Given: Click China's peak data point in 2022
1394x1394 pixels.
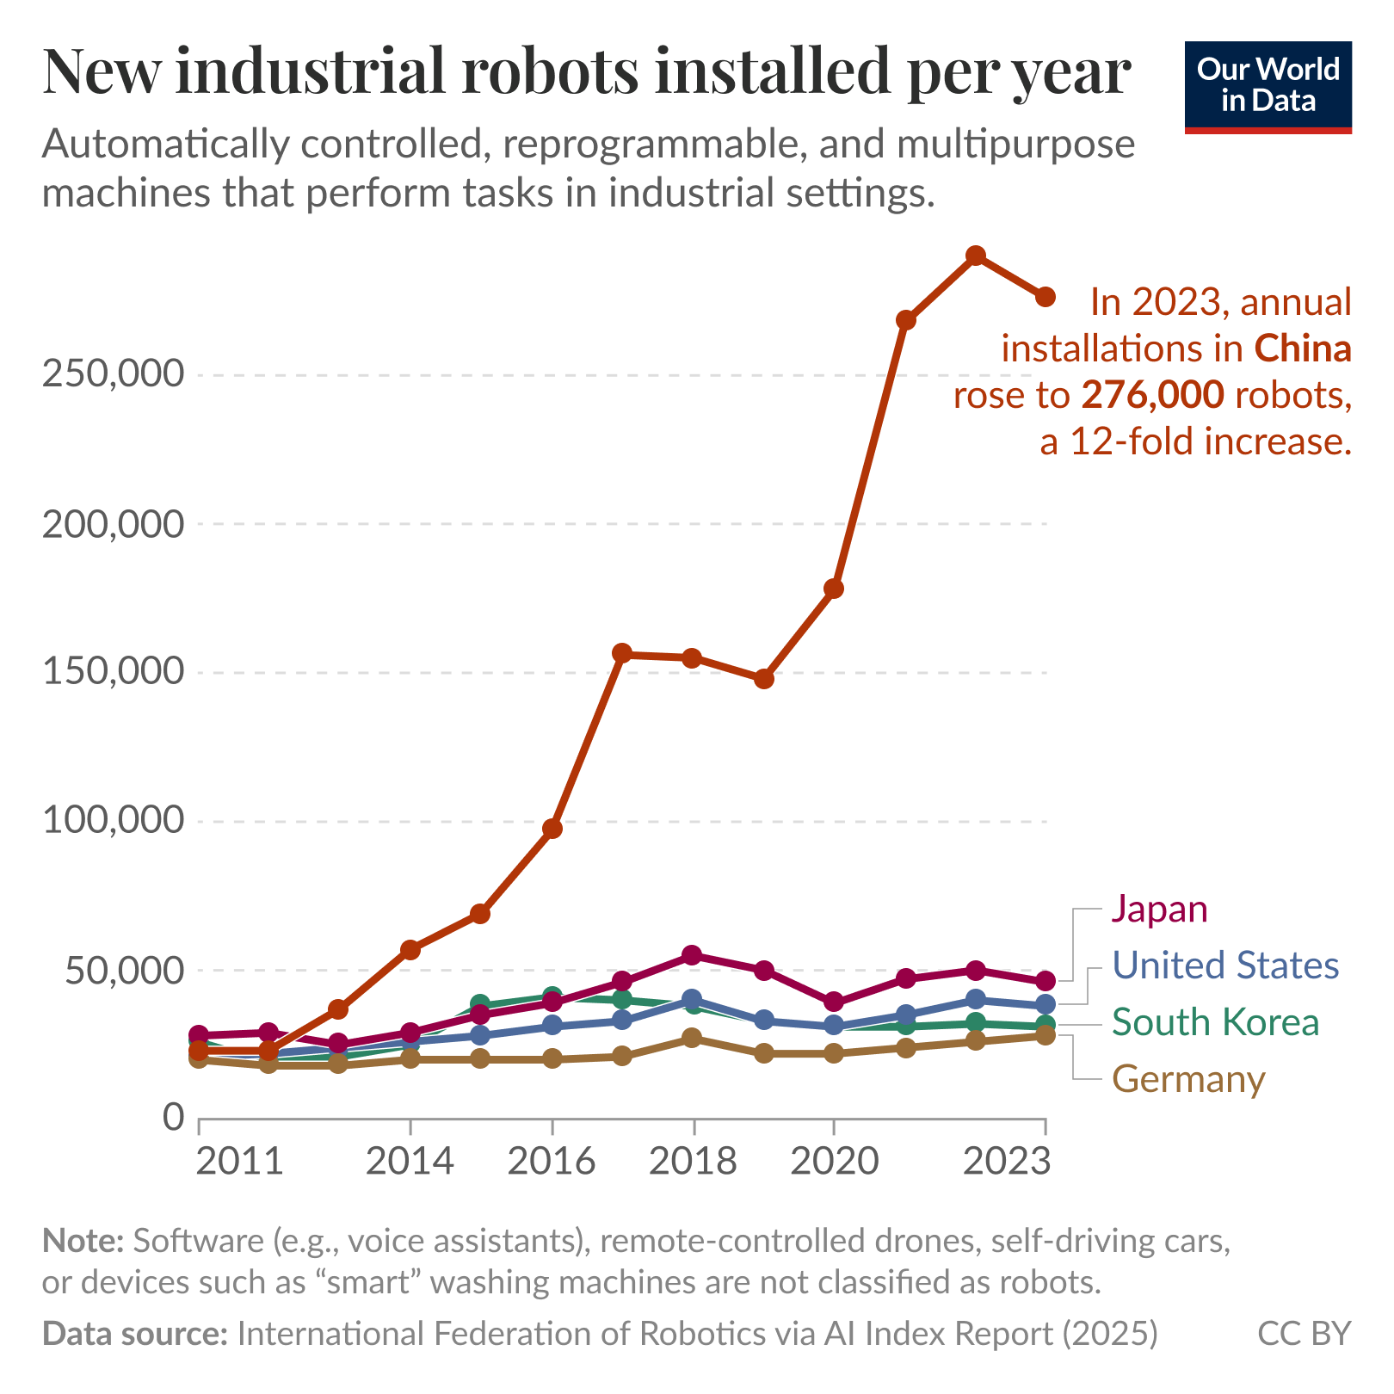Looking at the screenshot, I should click(x=975, y=256).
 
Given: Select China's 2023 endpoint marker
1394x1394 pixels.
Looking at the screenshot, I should click(x=1045, y=297).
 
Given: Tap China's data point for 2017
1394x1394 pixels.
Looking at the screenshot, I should click(x=622, y=653).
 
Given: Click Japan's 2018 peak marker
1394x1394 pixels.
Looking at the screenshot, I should click(x=693, y=955).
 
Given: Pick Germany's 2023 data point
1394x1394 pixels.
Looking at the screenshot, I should click(x=1045, y=1035).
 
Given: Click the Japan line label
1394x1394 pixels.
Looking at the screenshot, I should click(x=1159, y=909).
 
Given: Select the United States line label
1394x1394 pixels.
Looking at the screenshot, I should click(x=1225, y=965).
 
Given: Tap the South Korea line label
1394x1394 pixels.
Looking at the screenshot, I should click(x=1215, y=1022).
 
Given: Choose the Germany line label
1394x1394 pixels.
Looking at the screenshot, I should click(x=1188, y=1079).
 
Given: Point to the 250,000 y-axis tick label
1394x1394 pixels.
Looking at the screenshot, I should click(x=113, y=375).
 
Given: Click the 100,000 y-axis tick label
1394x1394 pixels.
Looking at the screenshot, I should click(x=113, y=821).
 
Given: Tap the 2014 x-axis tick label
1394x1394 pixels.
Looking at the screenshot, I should click(x=410, y=1162).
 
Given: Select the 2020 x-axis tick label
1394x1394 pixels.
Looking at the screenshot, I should click(x=834, y=1162).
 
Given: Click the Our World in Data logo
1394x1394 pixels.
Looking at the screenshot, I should click(x=1268, y=87).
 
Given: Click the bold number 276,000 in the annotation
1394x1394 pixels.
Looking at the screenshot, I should click(x=1152, y=395).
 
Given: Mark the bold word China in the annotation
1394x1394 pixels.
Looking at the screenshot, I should click(x=1303, y=348).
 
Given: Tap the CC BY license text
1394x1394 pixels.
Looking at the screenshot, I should click(x=1305, y=1333).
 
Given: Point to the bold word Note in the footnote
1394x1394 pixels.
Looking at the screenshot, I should click(x=83, y=1241).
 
